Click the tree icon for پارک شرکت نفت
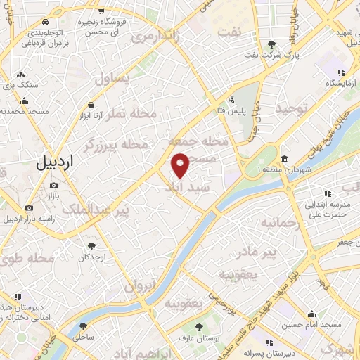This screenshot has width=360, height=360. [272, 45]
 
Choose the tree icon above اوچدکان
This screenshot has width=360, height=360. [91, 246]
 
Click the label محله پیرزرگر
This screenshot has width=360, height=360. [117, 144]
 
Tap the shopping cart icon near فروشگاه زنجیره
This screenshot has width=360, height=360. [103, 11]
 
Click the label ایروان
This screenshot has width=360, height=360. [139, 285]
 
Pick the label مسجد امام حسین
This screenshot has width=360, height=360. [311, 326]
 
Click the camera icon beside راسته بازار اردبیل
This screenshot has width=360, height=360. [29, 207]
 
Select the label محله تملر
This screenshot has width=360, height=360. [123, 114]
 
